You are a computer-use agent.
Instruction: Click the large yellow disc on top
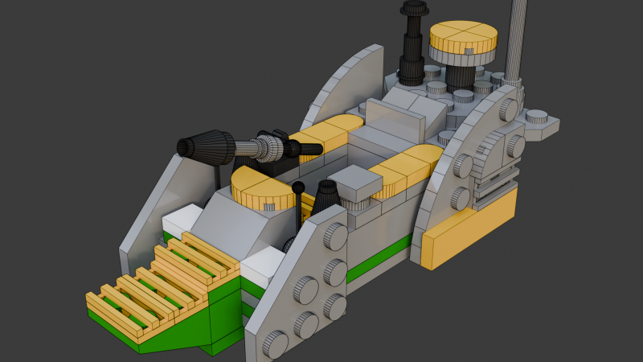pos(463,36)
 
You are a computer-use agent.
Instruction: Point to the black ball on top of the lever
pos(298,188)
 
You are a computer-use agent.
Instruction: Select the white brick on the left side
pos(182,221)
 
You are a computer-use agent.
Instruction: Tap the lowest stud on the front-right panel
pos(275,345)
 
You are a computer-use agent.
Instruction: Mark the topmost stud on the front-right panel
pos(337,236)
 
